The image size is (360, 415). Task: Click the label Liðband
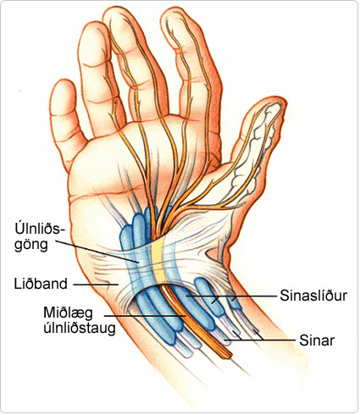click(x=41, y=284)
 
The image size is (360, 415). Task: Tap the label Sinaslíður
click(x=313, y=296)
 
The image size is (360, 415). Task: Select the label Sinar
click(x=317, y=340)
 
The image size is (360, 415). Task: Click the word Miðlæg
click(x=69, y=313)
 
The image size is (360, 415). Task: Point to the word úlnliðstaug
click(x=80, y=329)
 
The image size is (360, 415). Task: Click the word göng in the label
click(x=31, y=245)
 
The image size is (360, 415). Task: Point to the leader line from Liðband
click(x=96, y=285)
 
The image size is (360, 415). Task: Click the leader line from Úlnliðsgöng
click(x=97, y=252)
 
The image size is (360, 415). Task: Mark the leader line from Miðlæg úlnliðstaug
click(x=145, y=315)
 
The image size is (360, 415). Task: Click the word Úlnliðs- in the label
click(x=38, y=230)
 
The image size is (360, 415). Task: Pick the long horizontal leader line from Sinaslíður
click(x=230, y=296)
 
